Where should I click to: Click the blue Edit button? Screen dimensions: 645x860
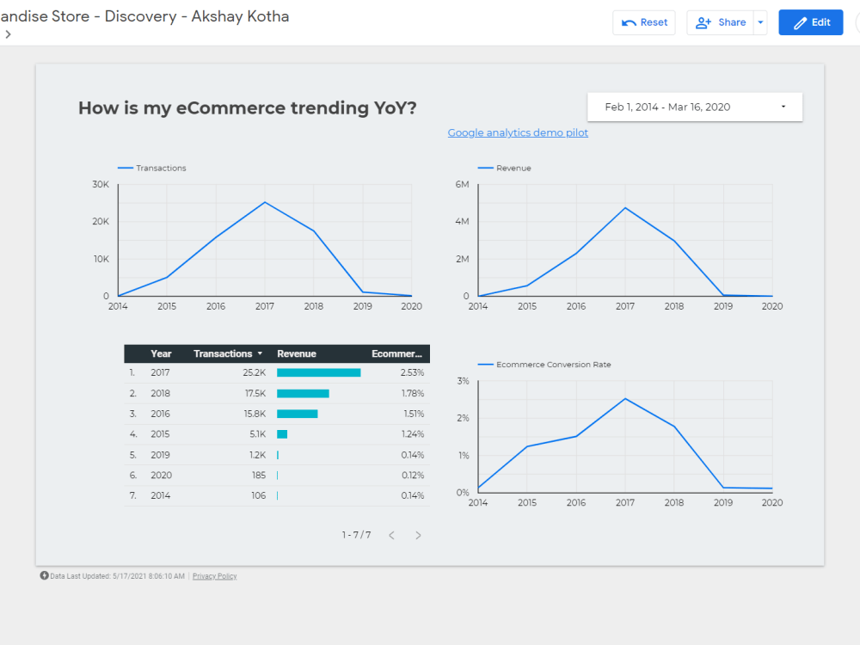pyautogui.click(x=810, y=22)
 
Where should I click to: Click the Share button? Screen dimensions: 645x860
pyautogui.click(x=721, y=22)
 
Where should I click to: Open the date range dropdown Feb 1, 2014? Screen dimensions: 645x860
pyautogui.click(x=695, y=107)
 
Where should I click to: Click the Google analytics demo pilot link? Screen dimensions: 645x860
pyautogui.click(x=518, y=133)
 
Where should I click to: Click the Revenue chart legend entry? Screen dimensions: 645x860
pyautogui.click(x=513, y=169)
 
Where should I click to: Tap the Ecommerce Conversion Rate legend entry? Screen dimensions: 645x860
pyautogui.click(x=553, y=365)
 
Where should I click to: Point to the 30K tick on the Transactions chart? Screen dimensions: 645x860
pyautogui.click(x=101, y=185)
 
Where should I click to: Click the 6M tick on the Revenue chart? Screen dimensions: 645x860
pyautogui.click(x=462, y=185)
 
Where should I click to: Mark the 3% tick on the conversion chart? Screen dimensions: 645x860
pyautogui.click(x=463, y=381)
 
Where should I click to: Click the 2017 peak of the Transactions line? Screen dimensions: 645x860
pyautogui.click(x=265, y=202)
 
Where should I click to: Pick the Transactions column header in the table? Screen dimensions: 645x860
pyautogui.click(x=223, y=353)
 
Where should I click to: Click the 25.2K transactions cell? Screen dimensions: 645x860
pyautogui.click(x=255, y=373)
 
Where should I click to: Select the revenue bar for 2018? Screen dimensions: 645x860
pyautogui.click(x=303, y=393)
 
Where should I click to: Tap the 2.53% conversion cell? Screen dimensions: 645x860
pyautogui.click(x=412, y=373)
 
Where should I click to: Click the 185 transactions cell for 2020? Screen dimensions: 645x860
pyautogui.click(x=258, y=475)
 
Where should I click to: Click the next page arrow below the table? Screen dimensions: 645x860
pyautogui.click(x=418, y=535)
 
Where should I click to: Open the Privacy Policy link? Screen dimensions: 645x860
pyautogui.click(x=214, y=576)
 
